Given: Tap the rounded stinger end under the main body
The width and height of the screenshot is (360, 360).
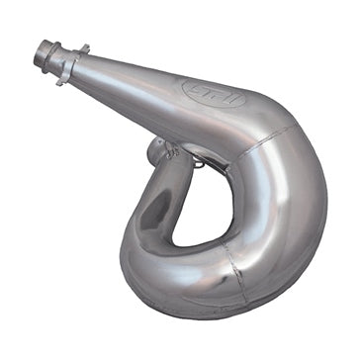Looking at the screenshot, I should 158,151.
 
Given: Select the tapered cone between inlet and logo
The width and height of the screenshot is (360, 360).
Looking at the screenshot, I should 129,79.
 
